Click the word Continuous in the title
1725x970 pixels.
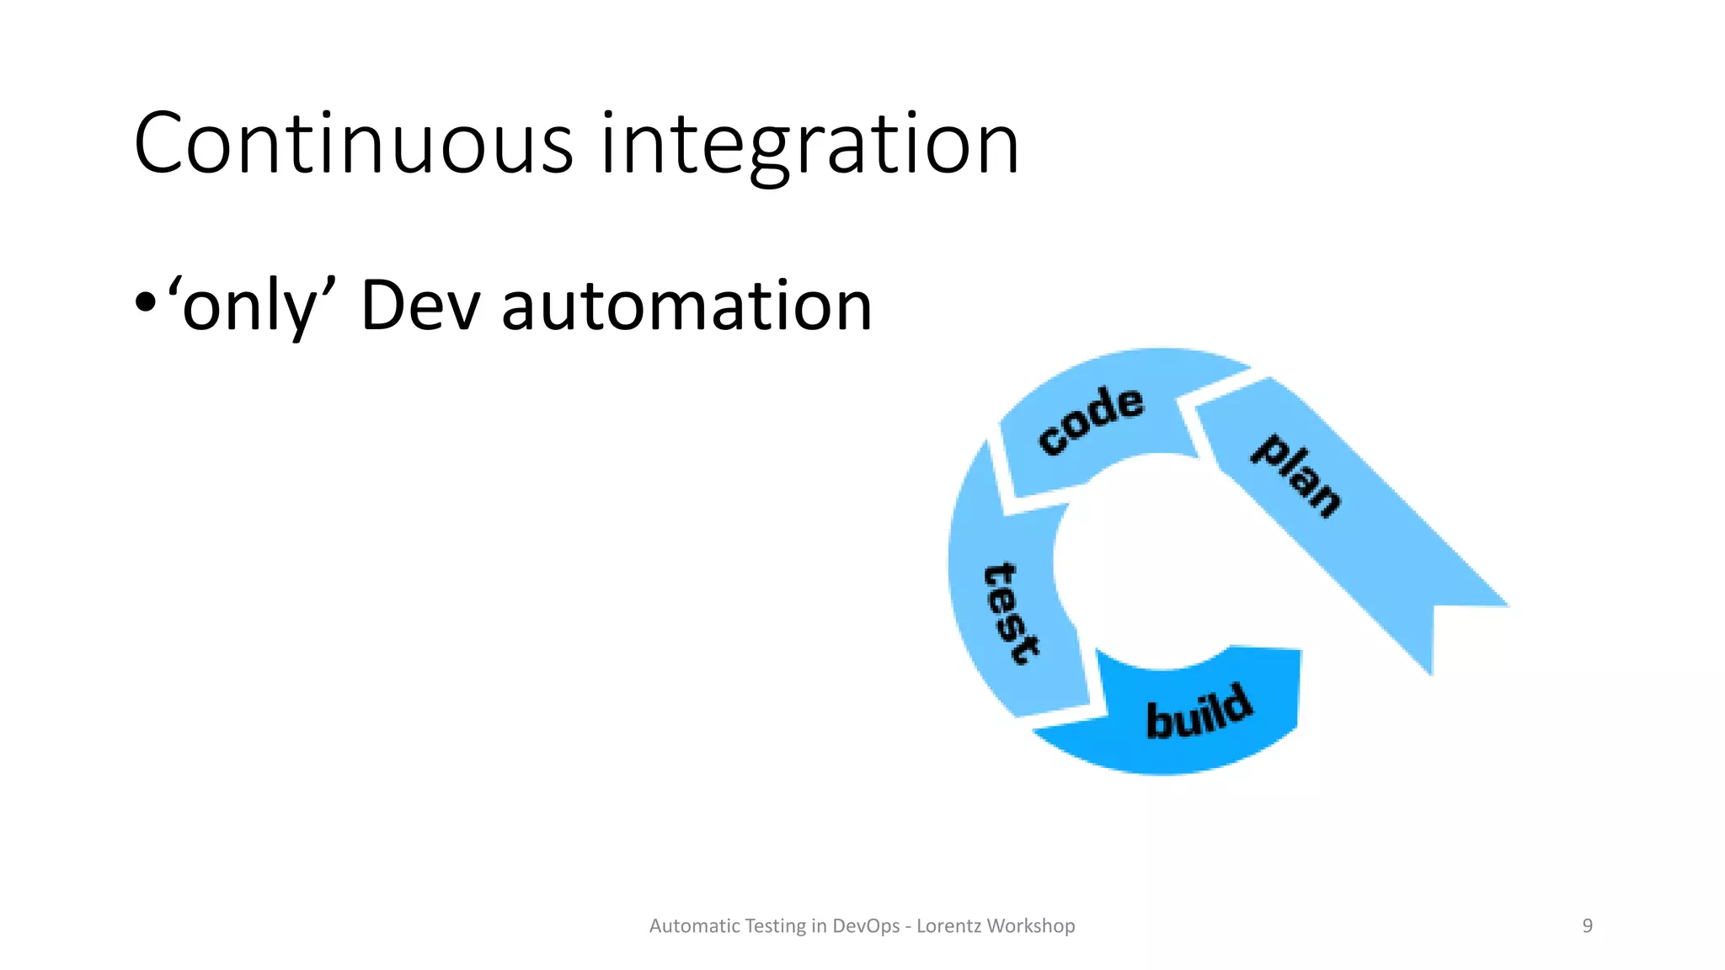pos(354,144)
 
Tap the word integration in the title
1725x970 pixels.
pos(809,144)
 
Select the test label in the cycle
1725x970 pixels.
pos(1012,613)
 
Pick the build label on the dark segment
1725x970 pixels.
pos(1199,712)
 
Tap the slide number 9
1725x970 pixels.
pos(1587,926)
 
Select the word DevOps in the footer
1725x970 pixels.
pos(866,926)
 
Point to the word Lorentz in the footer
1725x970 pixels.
pos(948,926)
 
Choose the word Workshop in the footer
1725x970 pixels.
pos(1031,926)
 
